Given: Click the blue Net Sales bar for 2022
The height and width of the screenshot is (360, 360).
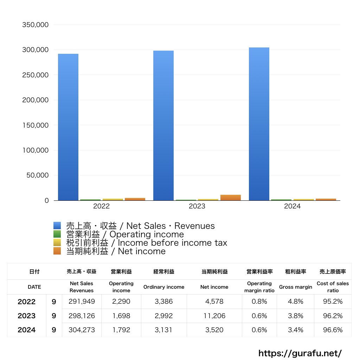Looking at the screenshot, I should pyautogui.click(x=68, y=127).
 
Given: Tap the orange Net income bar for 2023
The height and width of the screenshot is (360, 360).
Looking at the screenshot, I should pyautogui.click(x=231, y=198).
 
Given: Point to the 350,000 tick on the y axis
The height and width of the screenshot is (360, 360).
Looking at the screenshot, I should pyautogui.click(x=35, y=25).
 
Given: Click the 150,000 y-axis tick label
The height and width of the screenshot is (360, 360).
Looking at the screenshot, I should pyautogui.click(x=35, y=125).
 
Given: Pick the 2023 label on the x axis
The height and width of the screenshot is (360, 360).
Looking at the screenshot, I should pyautogui.click(x=197, y=206).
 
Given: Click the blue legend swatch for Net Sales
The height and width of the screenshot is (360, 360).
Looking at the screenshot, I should pyautogui.click(x=57, y=226).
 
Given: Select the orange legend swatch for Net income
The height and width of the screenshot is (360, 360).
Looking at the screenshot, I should pyautogui.click(x=57, y=251).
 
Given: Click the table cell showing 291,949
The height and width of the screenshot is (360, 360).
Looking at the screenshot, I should pyautogui.click(x=82, y=302).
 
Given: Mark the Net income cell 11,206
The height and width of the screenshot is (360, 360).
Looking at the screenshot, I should pyautogui.click(x=214, y=316).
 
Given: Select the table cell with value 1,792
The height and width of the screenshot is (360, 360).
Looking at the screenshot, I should pyautogui.click(x=121, y=330).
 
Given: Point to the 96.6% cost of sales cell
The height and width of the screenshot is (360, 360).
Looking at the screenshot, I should pyautogui.click(x=333, y=330).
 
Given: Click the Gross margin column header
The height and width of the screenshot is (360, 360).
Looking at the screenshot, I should pyautogui.click(x=295, y=287).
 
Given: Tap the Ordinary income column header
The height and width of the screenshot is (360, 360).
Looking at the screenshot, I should pyautogui.click(x=163, y=287).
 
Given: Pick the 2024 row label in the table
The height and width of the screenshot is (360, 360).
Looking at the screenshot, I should pyautogui.click(x=26, y=330).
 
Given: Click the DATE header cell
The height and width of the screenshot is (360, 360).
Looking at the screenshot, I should pyautogui.click(x=34, y=287).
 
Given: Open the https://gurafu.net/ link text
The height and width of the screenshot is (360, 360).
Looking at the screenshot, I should pyautogui.click(x=300, y=353).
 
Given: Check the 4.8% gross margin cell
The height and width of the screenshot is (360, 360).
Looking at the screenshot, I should pyautogui.click(x=295, y=302).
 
